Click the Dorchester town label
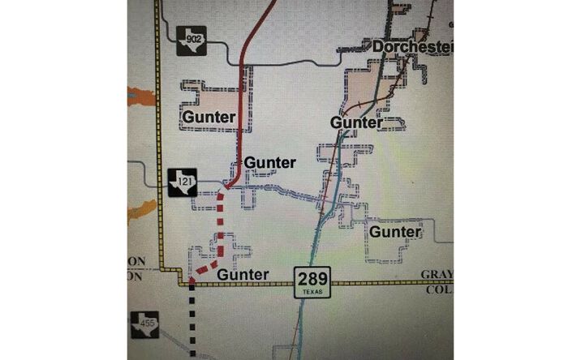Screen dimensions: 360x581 411,47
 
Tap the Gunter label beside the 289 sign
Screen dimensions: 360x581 243,275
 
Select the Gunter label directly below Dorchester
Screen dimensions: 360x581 355,122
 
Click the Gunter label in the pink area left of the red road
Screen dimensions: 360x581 209,117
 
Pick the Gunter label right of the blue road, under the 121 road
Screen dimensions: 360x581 396,233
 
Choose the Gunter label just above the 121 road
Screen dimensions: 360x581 270,162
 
